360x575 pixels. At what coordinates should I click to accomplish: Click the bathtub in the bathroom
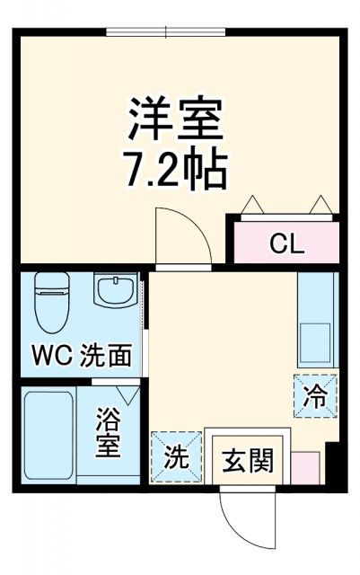pos(48,436)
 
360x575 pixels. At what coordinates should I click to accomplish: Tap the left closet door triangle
pos(251,205)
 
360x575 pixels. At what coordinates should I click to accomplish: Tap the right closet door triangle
pos(320,205)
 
